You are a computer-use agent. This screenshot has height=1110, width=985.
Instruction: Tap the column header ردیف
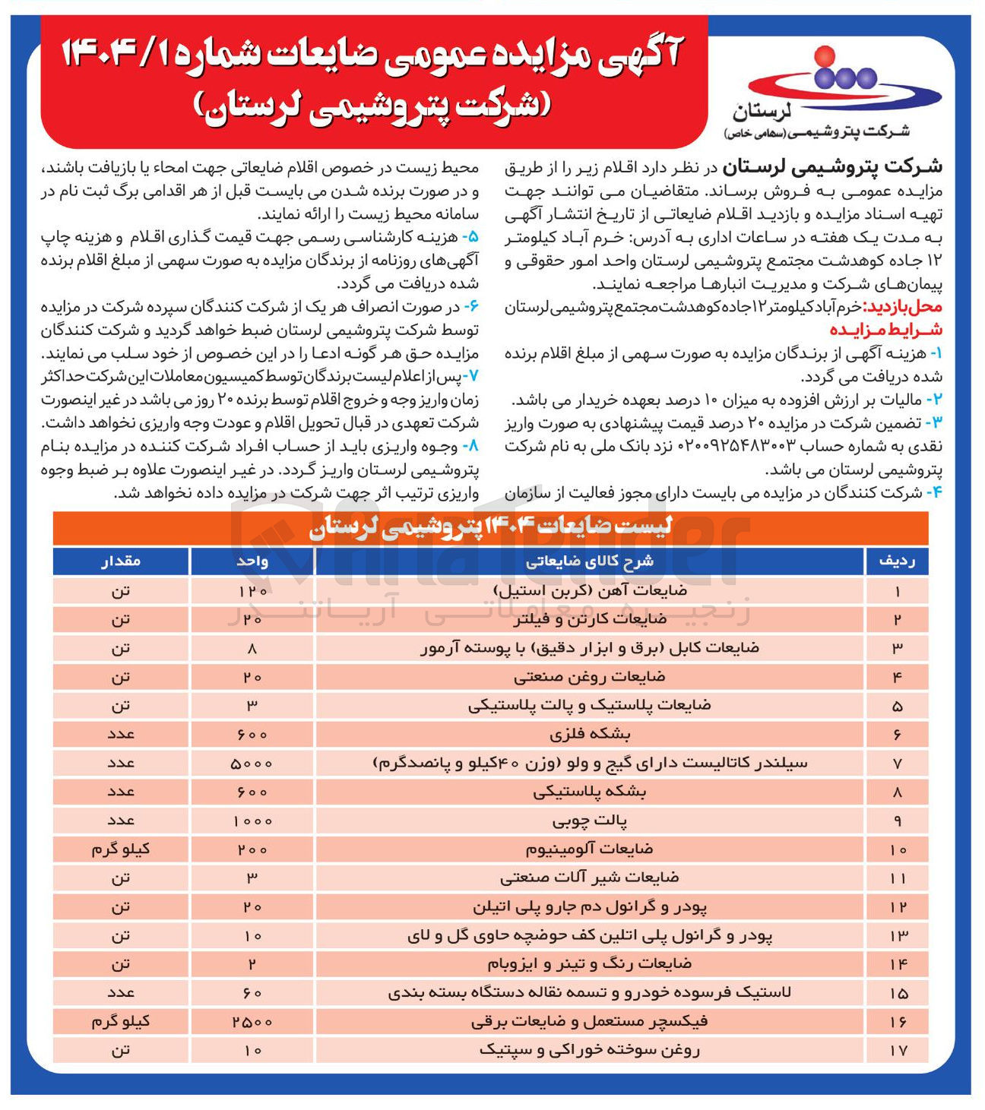coord(897,561)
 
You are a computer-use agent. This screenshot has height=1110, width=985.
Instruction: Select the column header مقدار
coord(121,561)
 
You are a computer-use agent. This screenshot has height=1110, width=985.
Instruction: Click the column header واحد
coord(252,561)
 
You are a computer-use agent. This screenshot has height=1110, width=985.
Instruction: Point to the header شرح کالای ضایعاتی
coord(590,561)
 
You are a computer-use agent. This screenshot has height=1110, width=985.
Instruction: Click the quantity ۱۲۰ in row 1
coord(252,590)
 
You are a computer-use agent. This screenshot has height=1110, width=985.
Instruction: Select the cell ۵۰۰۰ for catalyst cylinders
coord(252,763)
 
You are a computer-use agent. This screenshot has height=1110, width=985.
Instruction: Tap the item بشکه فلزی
coord(590,734)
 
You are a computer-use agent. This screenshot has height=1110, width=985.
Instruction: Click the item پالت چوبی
coord(590,821)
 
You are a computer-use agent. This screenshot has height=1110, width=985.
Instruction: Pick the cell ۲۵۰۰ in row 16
coord(252,1022)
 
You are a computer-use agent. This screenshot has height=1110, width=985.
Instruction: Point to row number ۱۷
coord(897,1050)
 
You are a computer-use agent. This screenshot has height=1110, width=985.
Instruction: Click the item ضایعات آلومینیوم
coord(590,849)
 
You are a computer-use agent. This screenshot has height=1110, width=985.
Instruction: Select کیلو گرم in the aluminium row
coord(121,849)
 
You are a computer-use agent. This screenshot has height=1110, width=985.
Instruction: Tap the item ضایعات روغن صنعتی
coord(590,676)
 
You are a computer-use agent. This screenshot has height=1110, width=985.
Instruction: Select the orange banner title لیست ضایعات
coord(490,527)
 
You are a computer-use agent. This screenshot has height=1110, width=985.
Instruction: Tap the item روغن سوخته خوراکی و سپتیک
coord(590,1050)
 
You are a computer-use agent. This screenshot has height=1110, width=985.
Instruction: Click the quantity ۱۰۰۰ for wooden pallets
coord(252,821)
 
